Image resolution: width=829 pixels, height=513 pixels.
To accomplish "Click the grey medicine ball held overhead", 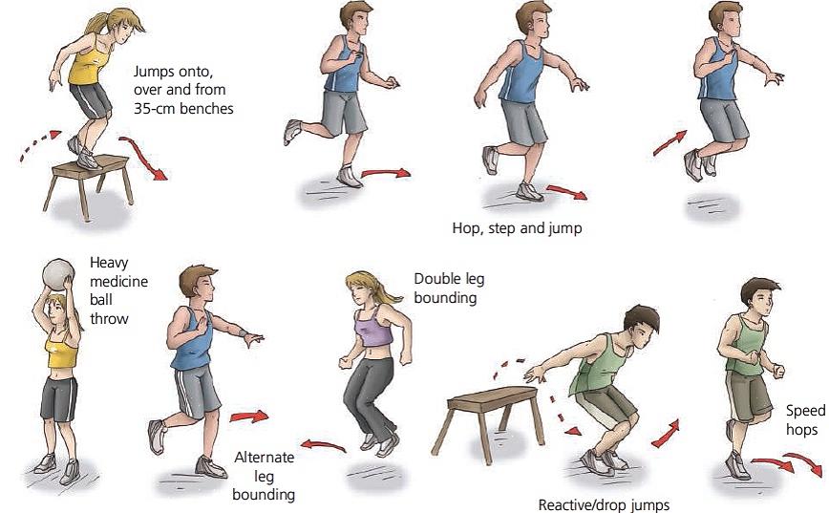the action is (x=58, y=274).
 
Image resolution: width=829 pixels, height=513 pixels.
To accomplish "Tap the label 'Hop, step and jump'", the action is (x=517, y=228).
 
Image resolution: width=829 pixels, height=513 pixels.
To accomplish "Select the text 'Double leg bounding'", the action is (x=449, y=289).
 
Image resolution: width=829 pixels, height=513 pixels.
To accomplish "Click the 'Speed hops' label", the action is (x=805, y=420).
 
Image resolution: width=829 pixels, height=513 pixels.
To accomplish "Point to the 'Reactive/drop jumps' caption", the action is (x=604, y=505).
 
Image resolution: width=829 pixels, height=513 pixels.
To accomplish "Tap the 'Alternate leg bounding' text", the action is (x=264, y=476).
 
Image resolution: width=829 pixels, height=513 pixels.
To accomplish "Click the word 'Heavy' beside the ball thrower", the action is (x=109, y=263).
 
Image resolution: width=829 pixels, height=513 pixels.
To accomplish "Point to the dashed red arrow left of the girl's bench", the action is (x=40, y=144).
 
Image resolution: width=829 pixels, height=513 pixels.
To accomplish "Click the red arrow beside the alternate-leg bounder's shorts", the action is (x=249, y=417).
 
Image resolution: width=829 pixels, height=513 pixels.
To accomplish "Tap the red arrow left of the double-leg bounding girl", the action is (x=323, y=445).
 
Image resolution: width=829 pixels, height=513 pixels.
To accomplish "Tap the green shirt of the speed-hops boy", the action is (x=747, y=345).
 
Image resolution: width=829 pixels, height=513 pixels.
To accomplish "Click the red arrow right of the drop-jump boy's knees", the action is (x=667, y=434).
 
